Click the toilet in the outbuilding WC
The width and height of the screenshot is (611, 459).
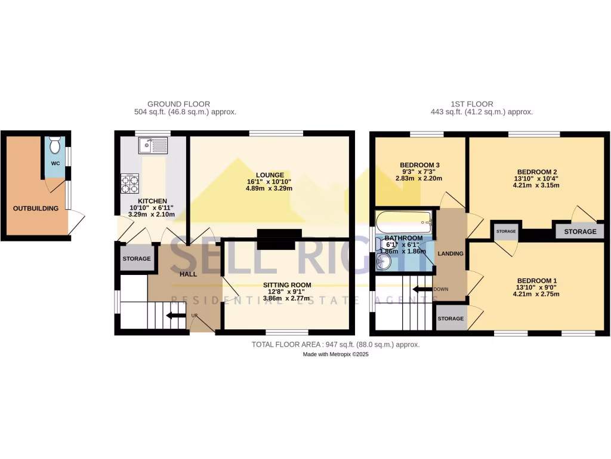pos(55,145)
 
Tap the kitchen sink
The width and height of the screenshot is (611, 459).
pos(153,145)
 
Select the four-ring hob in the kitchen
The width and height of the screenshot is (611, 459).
pos(130,183)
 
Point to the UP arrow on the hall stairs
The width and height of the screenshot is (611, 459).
pos(175,316)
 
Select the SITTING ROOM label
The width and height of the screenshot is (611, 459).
pos(288,285)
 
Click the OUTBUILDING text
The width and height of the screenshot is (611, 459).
pos(36,209)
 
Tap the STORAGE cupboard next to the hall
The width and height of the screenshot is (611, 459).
pos(137,259)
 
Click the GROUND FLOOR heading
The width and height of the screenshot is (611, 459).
pos(178,104)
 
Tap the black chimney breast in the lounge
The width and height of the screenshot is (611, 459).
pos(279,238)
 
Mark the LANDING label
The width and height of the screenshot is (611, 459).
pos(450,253)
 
